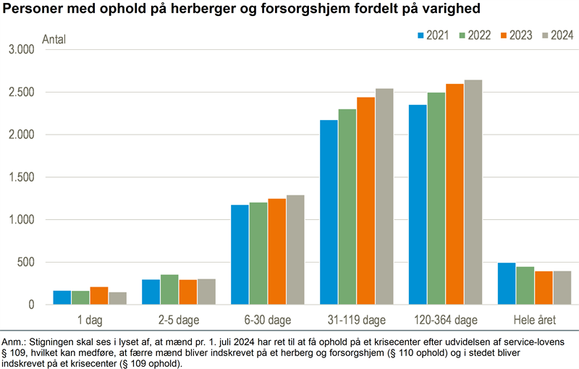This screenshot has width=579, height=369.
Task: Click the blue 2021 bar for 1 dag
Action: [62, 297]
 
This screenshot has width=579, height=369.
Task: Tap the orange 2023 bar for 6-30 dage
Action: [276, 251]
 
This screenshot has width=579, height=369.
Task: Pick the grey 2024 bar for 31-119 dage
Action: [384, 196]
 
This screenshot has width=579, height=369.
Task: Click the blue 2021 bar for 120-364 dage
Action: [418, 205]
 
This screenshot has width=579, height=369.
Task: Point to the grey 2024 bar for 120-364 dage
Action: [473, 192]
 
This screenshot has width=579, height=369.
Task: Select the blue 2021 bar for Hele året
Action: [507, 284]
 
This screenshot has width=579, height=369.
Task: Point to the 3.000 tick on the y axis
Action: [21, 50]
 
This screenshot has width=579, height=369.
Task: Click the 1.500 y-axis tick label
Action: [21, 177]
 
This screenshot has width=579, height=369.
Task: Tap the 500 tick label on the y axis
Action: [26, 262]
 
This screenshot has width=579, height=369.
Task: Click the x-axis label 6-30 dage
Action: [267, 318]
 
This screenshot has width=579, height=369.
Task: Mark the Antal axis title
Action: [54, 39]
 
